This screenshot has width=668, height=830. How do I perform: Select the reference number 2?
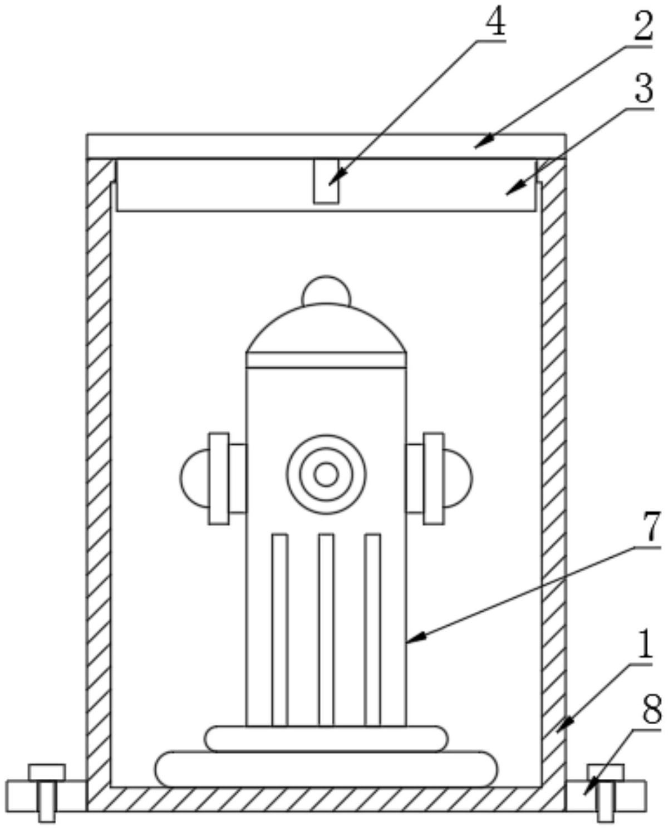pos(642,27)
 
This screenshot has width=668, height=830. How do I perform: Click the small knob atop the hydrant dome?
pos(326,291)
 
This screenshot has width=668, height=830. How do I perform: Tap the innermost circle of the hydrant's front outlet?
pos(326,474)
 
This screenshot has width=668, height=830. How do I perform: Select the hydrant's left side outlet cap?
pos(195,478)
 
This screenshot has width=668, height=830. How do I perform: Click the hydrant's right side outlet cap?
pos(458,478)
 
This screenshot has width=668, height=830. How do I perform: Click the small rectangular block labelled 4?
pos(326,181)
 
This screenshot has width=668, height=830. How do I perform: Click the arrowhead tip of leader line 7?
pos(407,641)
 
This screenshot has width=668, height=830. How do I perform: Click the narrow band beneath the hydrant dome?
pos(326,360)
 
